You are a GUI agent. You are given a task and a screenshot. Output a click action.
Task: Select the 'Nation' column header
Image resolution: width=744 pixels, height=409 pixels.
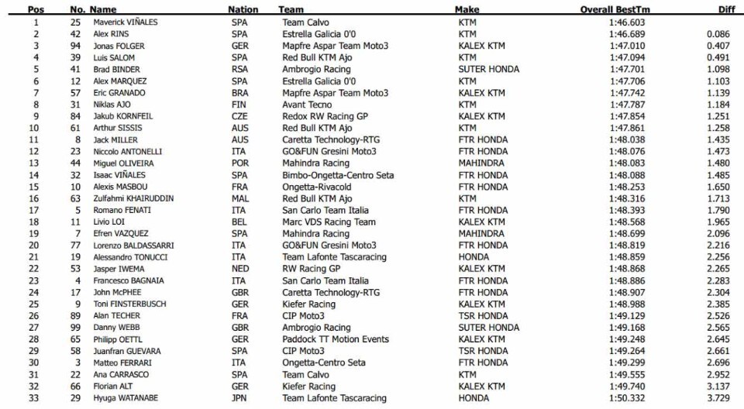[243, 10]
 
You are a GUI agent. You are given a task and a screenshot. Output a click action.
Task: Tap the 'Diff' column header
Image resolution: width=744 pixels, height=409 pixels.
[726, 10]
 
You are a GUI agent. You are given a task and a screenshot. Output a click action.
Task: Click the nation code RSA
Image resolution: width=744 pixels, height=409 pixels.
[239, 69]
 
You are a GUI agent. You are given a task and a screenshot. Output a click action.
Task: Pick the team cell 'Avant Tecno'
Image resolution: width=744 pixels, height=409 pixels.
[308, 105]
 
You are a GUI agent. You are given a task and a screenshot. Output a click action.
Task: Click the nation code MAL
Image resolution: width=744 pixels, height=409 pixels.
[239, 198]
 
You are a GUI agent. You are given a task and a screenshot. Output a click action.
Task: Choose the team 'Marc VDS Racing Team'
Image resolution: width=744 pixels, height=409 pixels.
[329, 222]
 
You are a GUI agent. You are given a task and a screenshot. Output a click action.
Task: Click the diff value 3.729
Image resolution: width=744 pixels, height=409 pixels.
[718, 398]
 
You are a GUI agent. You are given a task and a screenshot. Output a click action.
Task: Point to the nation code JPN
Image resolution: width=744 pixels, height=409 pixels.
[239, 398]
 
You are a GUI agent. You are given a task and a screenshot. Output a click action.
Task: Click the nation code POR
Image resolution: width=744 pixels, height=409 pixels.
[239, 163]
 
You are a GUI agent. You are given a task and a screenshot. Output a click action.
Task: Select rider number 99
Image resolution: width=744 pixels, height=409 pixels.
[76, 328]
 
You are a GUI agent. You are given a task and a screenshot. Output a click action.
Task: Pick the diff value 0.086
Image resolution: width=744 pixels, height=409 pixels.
[718, 34]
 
